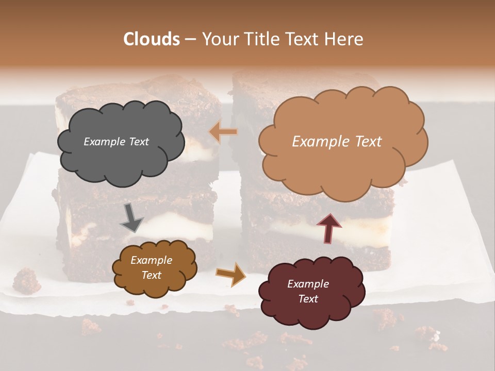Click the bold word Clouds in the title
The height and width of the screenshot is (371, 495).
coord(152,39)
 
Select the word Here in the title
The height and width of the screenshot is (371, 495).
coord(344,39)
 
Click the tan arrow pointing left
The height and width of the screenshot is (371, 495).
coord(224,132)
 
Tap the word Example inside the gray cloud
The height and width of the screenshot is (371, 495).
coord(104,142)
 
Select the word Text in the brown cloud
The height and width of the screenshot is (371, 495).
coord(151,275)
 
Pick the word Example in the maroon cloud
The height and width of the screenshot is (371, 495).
coord(308,284)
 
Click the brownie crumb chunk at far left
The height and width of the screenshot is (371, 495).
coord(26,281)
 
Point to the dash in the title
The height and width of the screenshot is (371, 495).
coord(190,40)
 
